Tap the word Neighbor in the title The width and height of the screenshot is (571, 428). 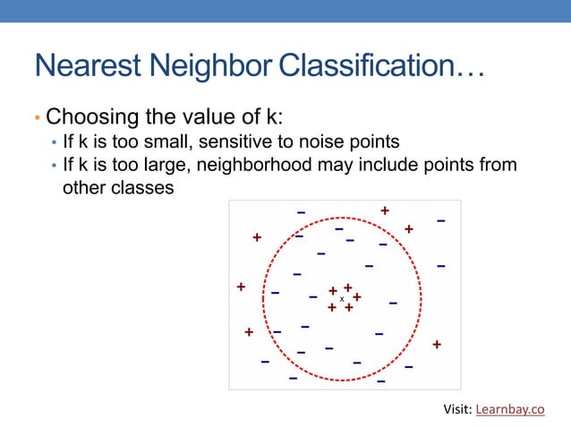click(211, 65)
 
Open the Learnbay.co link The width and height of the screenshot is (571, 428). click(509, 410)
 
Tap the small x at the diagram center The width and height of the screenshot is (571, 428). click(342, 299)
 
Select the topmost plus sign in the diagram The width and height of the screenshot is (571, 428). click(385, 210)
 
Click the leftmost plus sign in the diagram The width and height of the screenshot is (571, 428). click(241, 287)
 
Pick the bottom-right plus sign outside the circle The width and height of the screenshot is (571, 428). click(437, 344)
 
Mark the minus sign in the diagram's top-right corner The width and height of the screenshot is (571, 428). click(441, 220)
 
